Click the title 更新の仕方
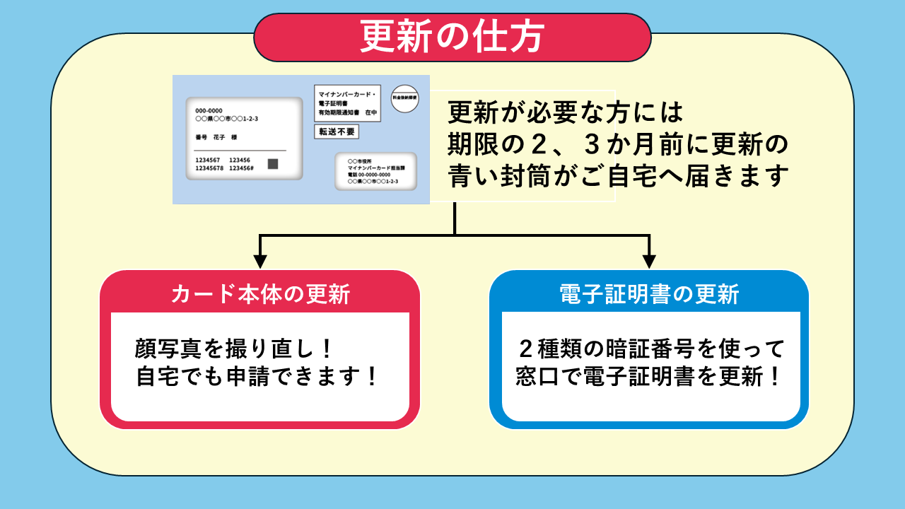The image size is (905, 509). (x=452, y=37)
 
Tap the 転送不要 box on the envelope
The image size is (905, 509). (x=337, y=131)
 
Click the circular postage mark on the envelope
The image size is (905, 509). (x=404, y=99)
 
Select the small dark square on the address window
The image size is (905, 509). (x=273, y=164)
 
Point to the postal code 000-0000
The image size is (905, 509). (x=209, y=110)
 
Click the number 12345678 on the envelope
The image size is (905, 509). (x=209, y=168)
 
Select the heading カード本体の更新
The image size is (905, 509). (x=260, y=294)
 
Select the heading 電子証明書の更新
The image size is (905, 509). (x=649, y=294)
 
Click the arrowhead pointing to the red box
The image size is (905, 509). (x=260, y=262)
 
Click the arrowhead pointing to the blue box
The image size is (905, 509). (x=649, y=262)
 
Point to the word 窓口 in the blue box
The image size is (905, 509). (x=535, y=377)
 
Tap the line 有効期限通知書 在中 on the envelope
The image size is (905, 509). (x=347, y=113)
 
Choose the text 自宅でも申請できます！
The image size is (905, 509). (x=257, y=377)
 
